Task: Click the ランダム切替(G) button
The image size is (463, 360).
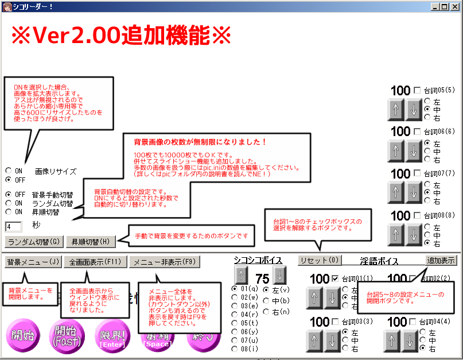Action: [x=33, y=241]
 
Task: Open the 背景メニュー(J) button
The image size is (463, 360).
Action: [x=33, y=262]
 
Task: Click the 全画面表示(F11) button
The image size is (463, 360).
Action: [x=95, y=262]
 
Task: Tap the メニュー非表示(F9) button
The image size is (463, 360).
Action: [x=164, y=262]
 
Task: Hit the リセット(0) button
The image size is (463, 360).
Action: [x=320, y=260]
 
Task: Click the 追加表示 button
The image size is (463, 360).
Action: [x=442, y=260]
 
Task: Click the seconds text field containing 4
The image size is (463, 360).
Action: [x=13, y=226]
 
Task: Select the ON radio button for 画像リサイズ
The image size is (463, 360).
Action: [x=9, y=171]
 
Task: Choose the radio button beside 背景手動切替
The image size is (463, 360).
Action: [x=9, y=195]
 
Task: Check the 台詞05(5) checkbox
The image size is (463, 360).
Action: [x=417, y=90]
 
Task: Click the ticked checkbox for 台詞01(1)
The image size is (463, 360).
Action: [x=335, y=279]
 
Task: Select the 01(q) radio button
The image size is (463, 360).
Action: [x=235, y=288]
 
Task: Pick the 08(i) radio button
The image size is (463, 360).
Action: [x=235, y=349]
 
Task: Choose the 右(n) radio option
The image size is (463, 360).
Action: [x=266, y=311]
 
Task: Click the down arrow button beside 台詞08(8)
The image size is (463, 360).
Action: [x=414, y=233]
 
